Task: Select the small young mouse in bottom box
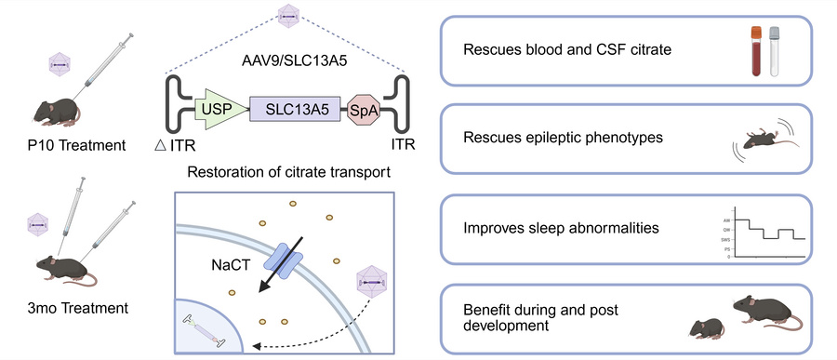point(706,327)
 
